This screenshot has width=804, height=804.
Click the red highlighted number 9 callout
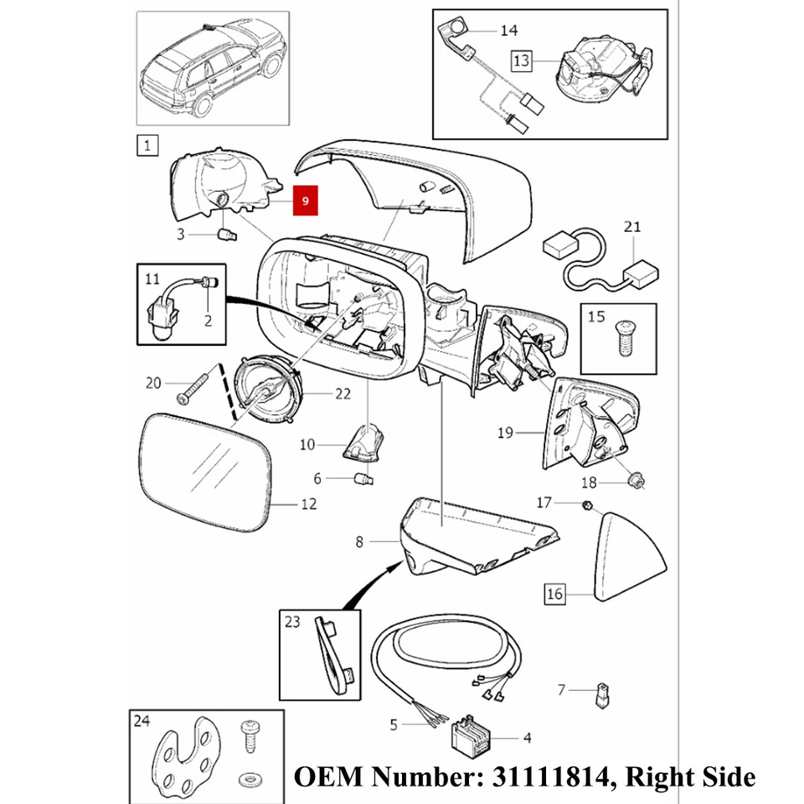(306, 201)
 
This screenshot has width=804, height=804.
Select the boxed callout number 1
(147, 147)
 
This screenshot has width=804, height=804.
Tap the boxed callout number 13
(522, 60)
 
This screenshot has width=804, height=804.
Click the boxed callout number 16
(554, 594)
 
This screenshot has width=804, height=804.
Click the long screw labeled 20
(193, 387)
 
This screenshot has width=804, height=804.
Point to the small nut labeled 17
(588, 505)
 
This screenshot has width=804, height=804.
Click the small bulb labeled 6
(364, 479)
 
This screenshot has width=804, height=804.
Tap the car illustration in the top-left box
(213, 67)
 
